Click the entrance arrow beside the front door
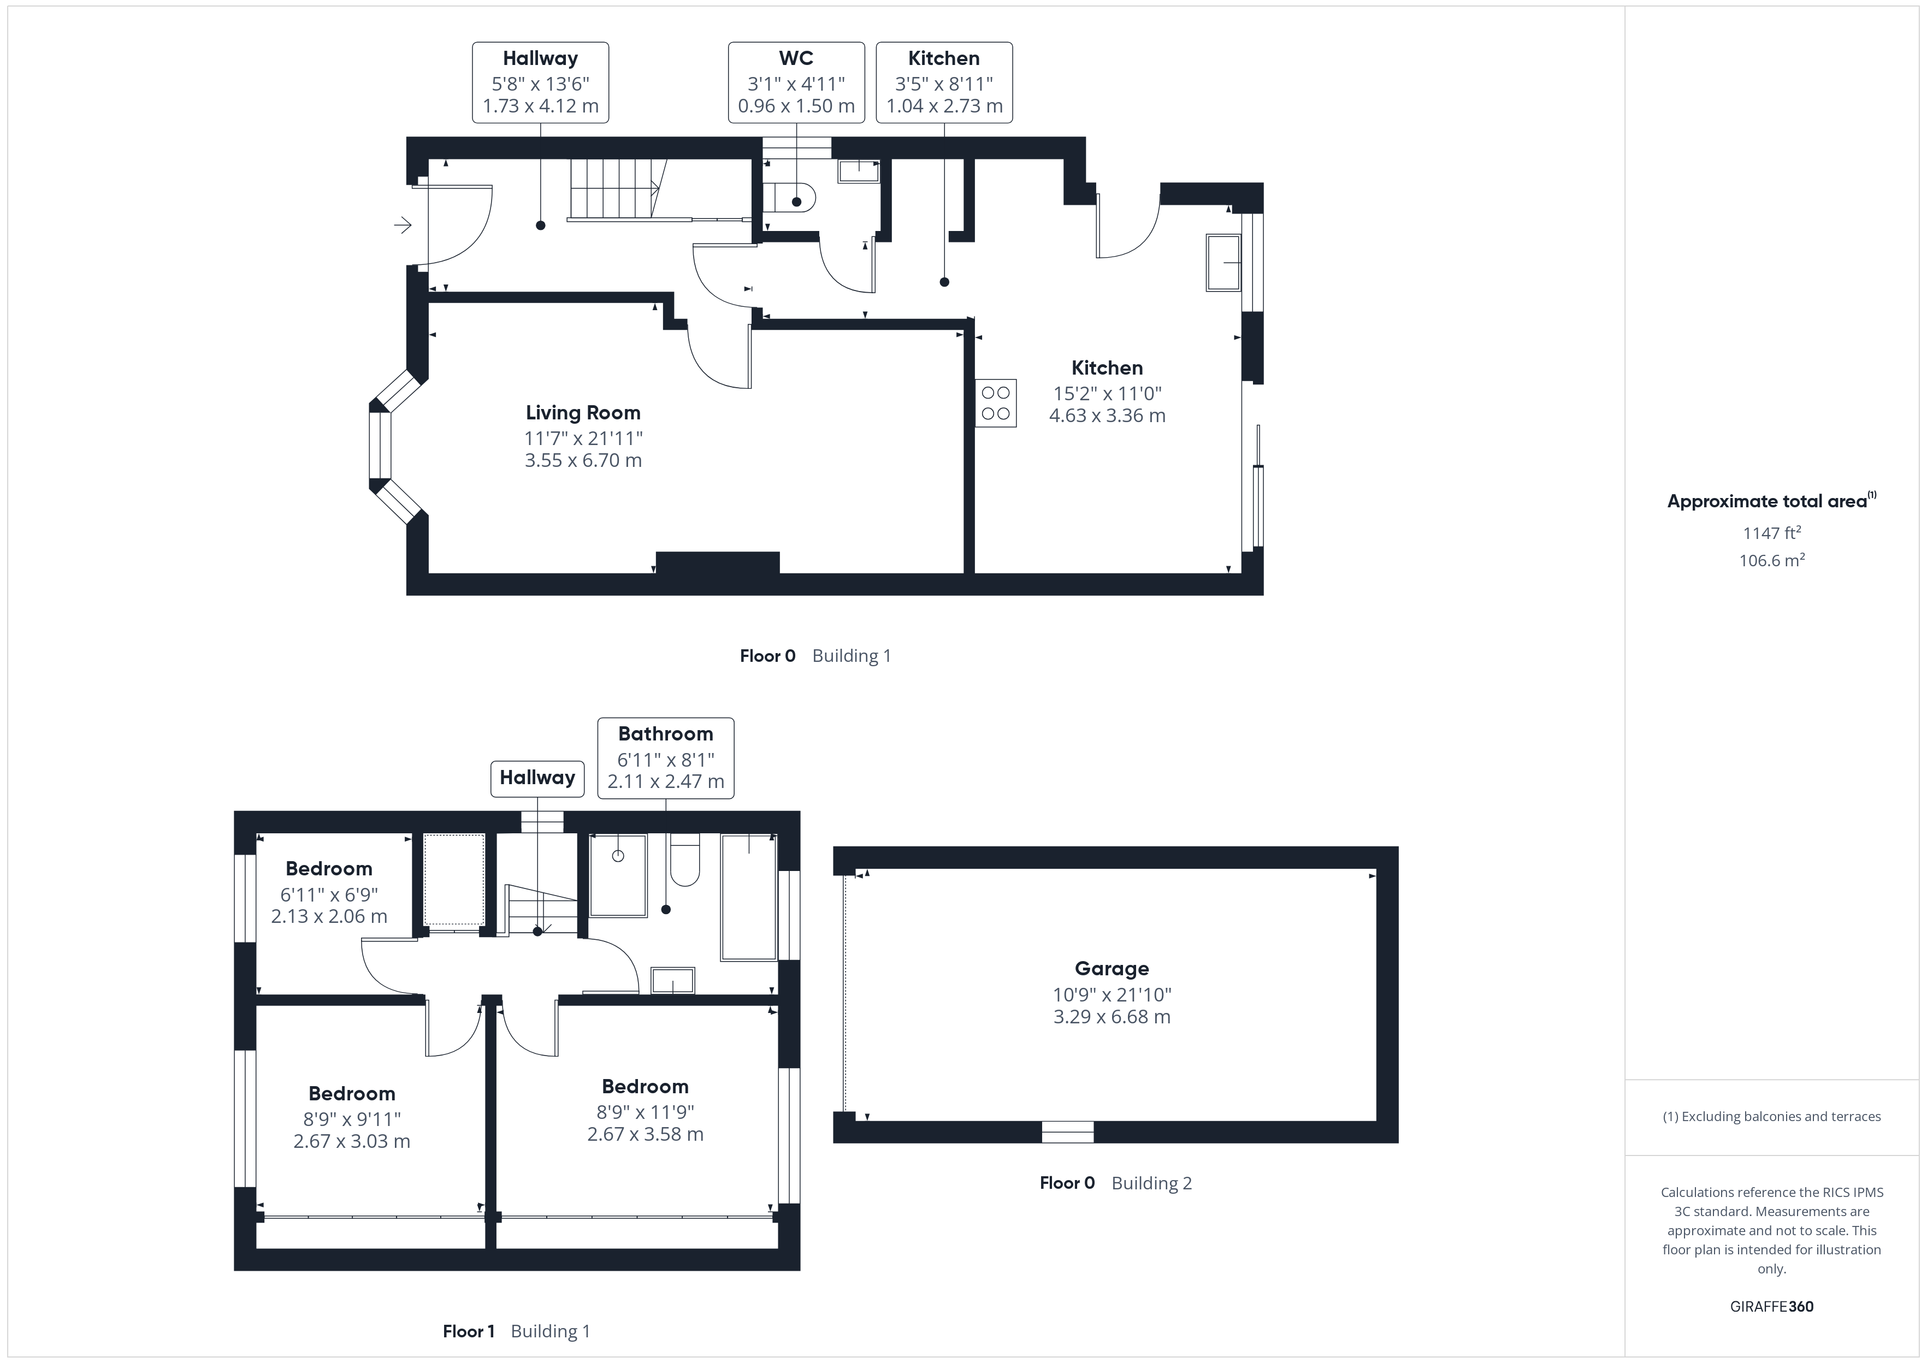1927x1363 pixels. pos(403,225)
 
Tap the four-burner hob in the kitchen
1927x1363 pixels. pos(995,404)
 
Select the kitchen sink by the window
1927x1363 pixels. pos(1223,263)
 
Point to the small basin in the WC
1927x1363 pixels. pos(858,171)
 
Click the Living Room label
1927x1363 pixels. pos(582,413)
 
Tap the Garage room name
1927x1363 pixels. pos(1111,969)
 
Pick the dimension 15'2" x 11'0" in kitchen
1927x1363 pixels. pos(1107,393)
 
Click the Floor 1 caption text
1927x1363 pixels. pos(468,1331)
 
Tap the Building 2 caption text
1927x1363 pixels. pos(1151,1183)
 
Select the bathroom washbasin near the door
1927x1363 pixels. pos(673,980)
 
